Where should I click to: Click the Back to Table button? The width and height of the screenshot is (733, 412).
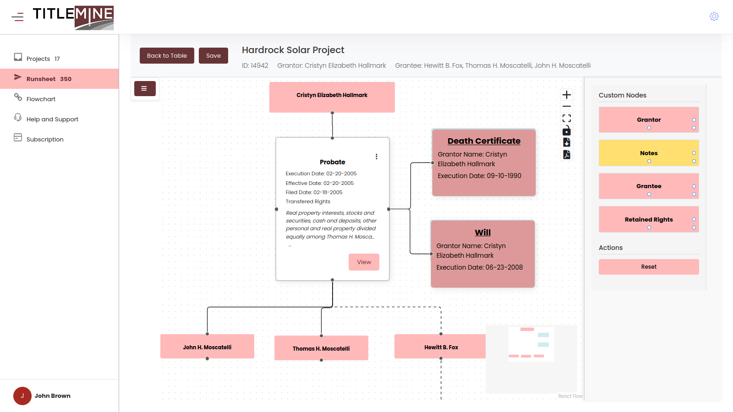coord(167,55)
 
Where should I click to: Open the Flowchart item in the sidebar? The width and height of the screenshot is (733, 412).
coord(41,99)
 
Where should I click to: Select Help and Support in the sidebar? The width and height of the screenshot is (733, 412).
coord(52,119)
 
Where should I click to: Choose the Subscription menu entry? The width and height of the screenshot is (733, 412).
coord(45,139)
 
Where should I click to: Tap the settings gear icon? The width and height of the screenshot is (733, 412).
coord(714,16)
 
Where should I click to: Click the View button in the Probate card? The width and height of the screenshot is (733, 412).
coord(364,262)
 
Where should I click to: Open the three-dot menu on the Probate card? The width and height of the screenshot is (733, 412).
coord(377,157)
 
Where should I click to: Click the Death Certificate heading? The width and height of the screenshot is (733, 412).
coord(484,141)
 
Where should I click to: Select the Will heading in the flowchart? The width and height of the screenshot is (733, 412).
coord(483,233)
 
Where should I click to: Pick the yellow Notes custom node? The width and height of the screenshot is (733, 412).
coord(649,153)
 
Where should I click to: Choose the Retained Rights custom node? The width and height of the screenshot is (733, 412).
coord(649,219)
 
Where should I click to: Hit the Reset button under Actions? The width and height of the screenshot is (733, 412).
coord(649,267)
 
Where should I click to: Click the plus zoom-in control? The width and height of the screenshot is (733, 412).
coord(567,95)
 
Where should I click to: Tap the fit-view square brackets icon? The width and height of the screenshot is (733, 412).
coord(567,118)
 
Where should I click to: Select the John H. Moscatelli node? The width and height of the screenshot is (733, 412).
coord(207,347)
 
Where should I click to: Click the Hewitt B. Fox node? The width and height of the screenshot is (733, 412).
coord(440,347)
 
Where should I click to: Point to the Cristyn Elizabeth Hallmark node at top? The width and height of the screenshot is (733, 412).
coord(332,97)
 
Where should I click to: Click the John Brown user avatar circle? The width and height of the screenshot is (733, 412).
coord(22,396)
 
